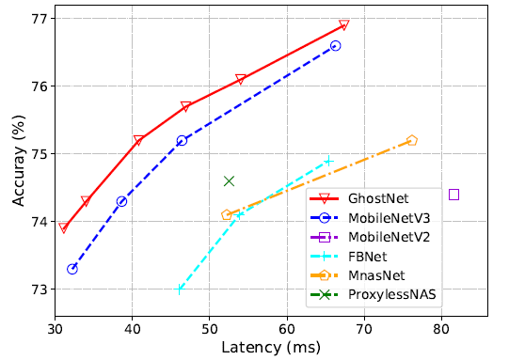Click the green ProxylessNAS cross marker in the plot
(x=229, y=180)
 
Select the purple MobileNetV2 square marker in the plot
(x=453, y=195)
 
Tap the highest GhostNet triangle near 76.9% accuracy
(x=344, y=25)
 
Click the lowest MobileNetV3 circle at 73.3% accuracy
(x=72, y=269)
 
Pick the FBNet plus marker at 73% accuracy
(x=180, y=290)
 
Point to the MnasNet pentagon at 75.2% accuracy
(x=411, y=140)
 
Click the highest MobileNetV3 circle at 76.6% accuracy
(x=336, y=45)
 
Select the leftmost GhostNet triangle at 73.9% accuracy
(x=64, y=228)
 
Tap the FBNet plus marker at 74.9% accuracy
(x=328, y=161)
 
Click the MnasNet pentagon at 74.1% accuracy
(x=226, y=215)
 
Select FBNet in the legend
(x=368, y=256)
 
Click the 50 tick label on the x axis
(x=209, y=331)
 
